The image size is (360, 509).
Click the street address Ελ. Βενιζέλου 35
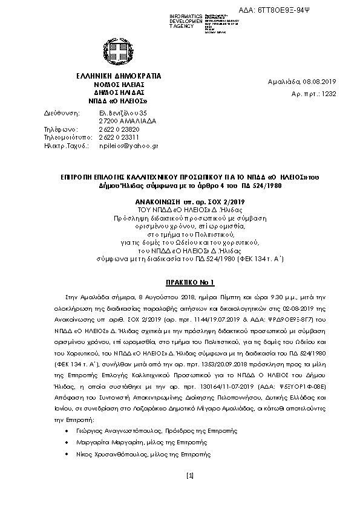(x=122, y=112)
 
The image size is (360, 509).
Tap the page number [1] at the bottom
(x=189, y=478)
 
